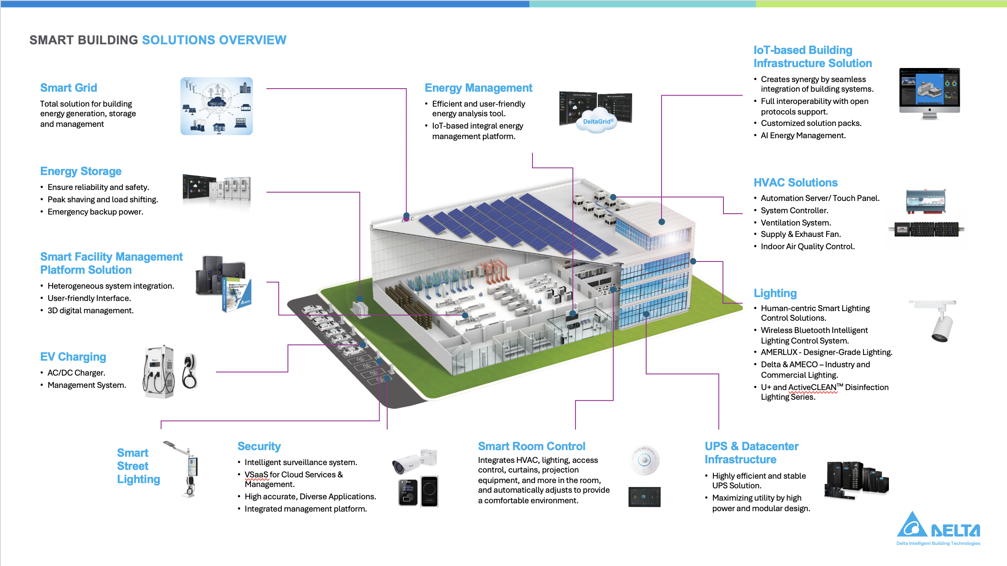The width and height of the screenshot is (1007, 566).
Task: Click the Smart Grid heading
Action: coord(68,88)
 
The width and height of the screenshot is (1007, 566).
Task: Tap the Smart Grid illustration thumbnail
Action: coord(216,106)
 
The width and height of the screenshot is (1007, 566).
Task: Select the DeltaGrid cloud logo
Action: coord(597,122)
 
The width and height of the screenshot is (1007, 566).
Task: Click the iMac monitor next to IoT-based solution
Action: coord(929,93)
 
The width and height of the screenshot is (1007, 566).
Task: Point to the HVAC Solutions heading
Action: coord(795,183)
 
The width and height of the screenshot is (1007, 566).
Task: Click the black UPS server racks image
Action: coord(856,480)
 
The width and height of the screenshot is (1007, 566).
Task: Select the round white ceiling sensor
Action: coord(644,460)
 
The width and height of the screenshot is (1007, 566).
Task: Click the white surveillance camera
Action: coord(414,461)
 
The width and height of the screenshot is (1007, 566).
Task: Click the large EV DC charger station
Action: coord(158,372)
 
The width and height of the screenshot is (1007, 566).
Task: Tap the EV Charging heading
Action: coord(73,357)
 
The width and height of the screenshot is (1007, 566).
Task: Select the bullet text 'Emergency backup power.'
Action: coord(95,212)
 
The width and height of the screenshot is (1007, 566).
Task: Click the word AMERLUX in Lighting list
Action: coord(779,352)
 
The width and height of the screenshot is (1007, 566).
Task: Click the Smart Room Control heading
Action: coord(532,446)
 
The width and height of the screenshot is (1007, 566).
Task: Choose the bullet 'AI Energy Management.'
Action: coord(803,136)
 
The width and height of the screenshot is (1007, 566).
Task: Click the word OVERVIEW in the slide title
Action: coord(252,40)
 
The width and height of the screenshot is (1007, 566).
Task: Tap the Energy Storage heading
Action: coord(81,172)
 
